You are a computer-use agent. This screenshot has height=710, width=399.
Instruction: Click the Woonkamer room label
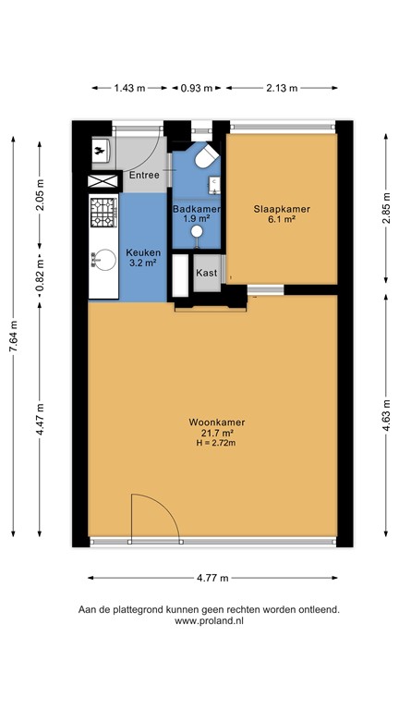[212, 422]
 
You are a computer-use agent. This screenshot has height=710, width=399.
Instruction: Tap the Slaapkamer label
[282, 210]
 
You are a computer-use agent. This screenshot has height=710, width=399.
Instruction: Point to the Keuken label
[143, 252]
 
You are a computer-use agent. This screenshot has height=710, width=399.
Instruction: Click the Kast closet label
[205, 274]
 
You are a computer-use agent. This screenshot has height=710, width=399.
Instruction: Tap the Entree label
[143, 175]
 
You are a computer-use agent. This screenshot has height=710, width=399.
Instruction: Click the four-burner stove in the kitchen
[103, 214]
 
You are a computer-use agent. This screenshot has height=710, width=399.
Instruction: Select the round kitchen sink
[100, 262]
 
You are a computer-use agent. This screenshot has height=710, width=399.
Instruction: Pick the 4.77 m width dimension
[212, 578]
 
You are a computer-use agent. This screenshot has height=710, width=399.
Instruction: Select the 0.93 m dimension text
[195, 89]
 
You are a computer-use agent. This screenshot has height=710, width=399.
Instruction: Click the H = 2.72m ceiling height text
[212, 444]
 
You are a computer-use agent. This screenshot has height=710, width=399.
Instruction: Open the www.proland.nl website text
[209, 621]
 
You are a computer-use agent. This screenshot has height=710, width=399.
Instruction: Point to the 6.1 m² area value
[282, 220]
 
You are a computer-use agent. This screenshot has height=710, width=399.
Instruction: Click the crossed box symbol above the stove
[104, 181]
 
